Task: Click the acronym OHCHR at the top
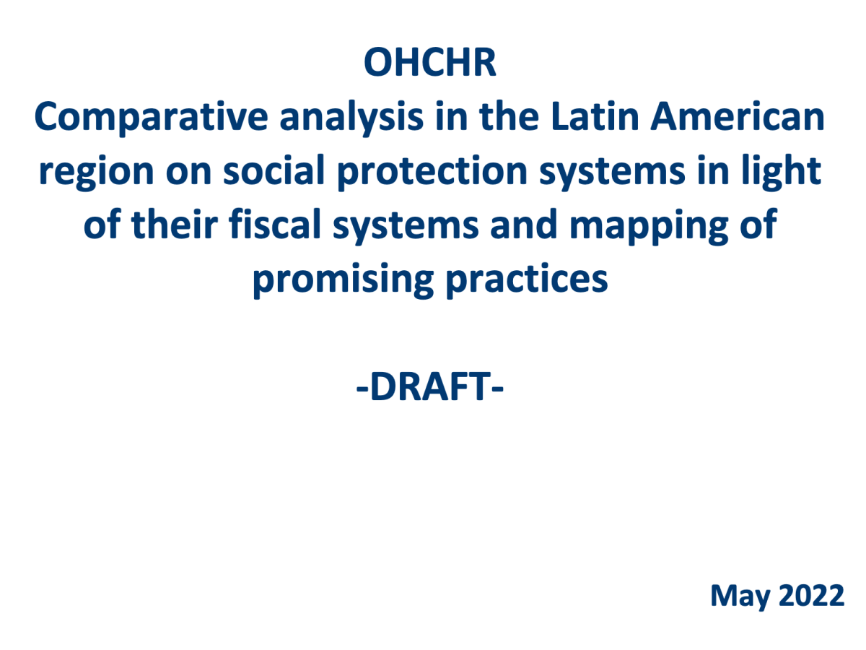(430, 63)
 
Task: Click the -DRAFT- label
(429, 389)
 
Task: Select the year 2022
(813, 596)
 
